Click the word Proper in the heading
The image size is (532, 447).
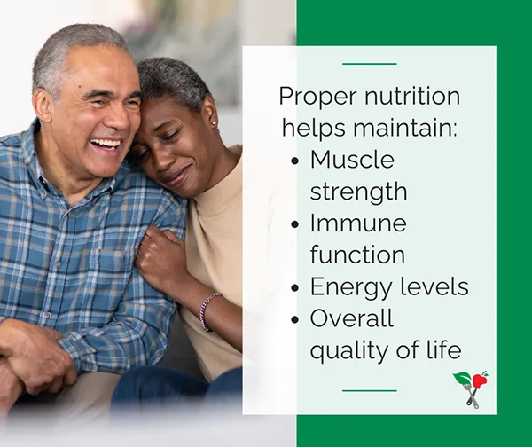(318, 98)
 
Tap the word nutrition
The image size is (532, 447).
(412, 96)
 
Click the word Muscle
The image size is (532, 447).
(352, 159)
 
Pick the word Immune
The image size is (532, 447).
(358, 223)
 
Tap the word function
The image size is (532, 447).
(357, 255)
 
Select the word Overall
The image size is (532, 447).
(352, 318)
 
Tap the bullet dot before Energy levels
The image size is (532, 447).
(295, 288)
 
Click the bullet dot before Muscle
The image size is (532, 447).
(295, 161)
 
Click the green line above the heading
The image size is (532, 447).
(370, 64)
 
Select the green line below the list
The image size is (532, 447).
(370, 390)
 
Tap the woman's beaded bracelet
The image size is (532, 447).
(207, 310)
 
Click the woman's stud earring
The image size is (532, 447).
(214, 123)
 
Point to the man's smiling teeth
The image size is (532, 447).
(106, 143)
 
